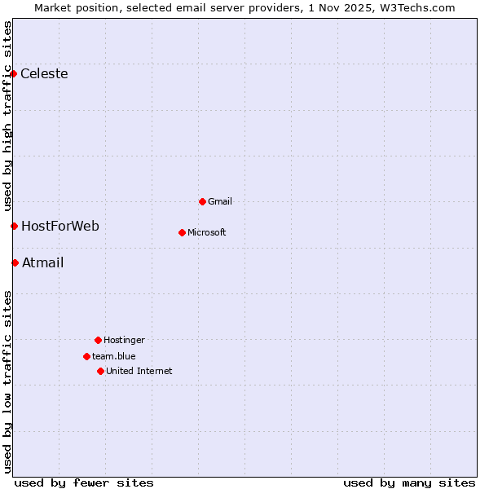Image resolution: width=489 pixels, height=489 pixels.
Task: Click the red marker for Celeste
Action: pos(13,74)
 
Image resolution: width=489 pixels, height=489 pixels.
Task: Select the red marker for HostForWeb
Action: pos(14,226)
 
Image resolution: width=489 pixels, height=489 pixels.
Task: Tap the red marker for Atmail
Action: pos(15,262)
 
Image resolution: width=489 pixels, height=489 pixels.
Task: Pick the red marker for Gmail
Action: pos(202,201)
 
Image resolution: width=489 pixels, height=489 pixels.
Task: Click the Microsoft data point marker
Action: pos(182,232)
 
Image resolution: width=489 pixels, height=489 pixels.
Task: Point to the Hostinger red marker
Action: pos(98,340)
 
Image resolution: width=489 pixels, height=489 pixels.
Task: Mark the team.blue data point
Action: pos(86,356)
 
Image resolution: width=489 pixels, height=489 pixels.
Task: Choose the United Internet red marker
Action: pos(100,371)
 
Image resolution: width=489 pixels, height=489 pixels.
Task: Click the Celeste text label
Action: pos(44,74)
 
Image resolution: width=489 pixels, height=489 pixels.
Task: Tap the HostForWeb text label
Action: pos(60,226)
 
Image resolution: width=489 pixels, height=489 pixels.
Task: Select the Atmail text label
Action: pos(42,262)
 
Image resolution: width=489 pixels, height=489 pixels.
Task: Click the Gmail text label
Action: pos(220,201)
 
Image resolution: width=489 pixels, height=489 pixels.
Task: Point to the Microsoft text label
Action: pos(207,232)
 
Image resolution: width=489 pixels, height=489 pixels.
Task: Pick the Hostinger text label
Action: pos(124,340)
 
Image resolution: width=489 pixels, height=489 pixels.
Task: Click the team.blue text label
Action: pos(114,356)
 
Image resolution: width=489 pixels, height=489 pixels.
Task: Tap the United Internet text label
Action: pos(139,371)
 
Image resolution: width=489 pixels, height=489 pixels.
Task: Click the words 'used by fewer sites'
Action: pos(84,482)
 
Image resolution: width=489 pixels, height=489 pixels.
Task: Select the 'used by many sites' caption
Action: pos(409,482)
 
